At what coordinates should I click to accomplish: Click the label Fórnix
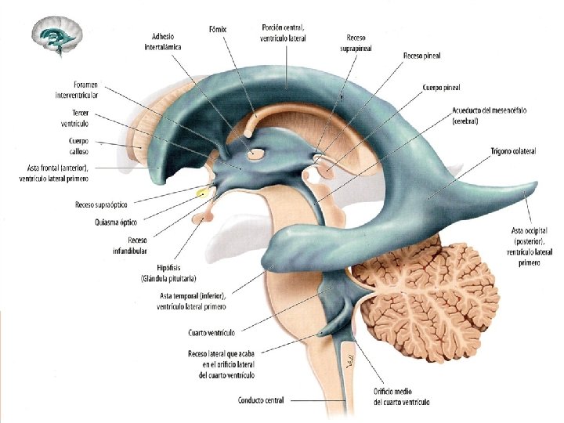(x=218, y=29)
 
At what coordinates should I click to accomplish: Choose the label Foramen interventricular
(x=75, y=89)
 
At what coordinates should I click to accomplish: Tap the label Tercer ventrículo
(x=75, y=118)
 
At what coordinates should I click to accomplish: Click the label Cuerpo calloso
(x=75, y=146)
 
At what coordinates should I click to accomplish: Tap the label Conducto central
(x=261, y=400)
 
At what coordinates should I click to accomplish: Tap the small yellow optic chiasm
(x=204, y=191)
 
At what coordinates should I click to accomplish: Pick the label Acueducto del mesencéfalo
(x=490, y=116)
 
